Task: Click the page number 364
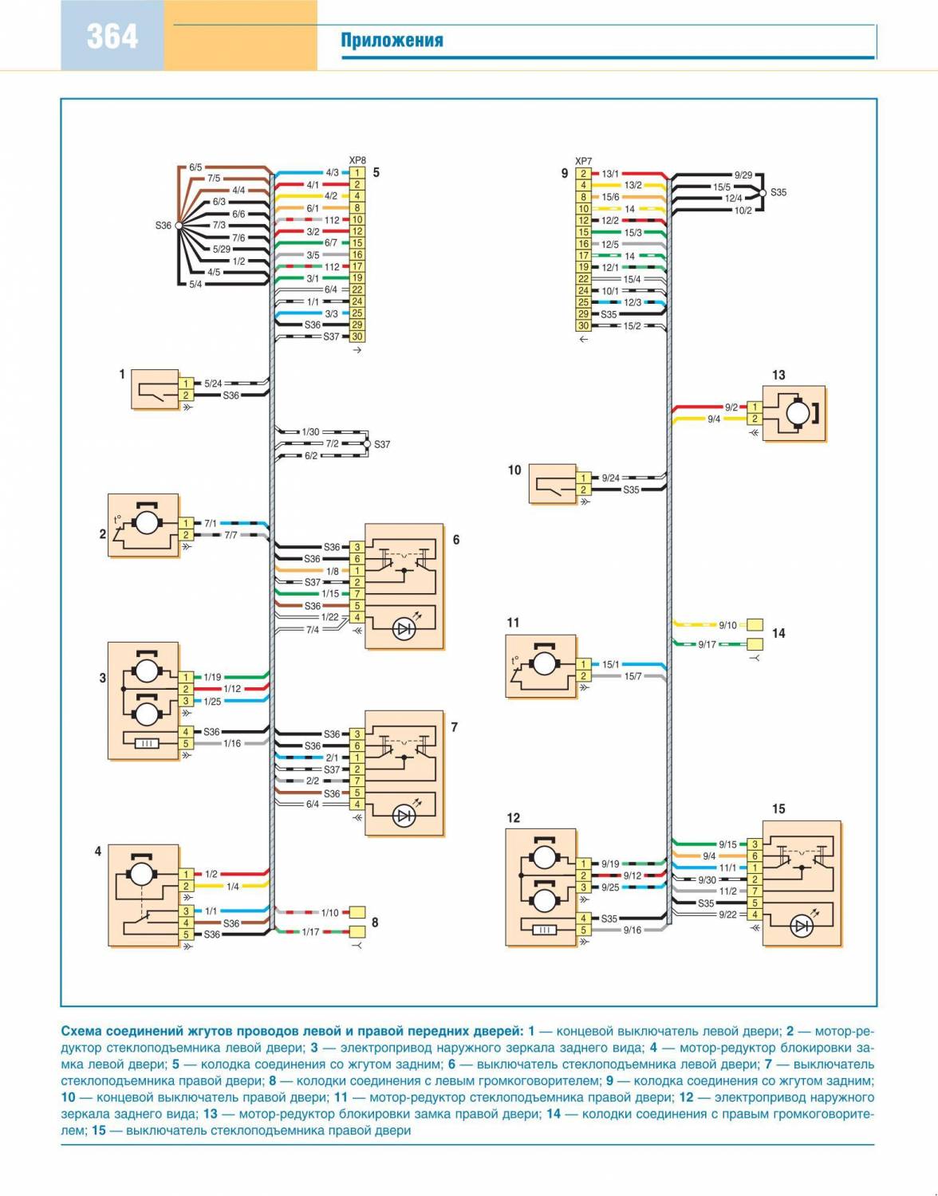coord(112,37)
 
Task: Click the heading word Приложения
coord(392,41)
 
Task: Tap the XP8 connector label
coord(357,160)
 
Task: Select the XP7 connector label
coord(584,161)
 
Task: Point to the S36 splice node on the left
coord(179,226)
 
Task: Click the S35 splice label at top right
coord(778,192)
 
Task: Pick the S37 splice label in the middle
coord(382,444)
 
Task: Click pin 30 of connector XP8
coord(357,336)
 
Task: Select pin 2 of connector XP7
coord(584,173)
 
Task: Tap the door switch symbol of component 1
coord(156,389)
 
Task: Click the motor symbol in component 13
coord(798,413)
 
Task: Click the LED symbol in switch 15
coord(802,926)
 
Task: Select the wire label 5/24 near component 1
coord(213,384)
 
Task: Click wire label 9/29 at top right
coord(743,175)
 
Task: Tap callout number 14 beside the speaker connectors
coord(778,633)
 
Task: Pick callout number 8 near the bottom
coord(375,923)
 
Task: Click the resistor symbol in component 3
coord(146,743)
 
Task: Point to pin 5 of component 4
coord(186,934)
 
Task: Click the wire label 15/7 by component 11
coord(633,676)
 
